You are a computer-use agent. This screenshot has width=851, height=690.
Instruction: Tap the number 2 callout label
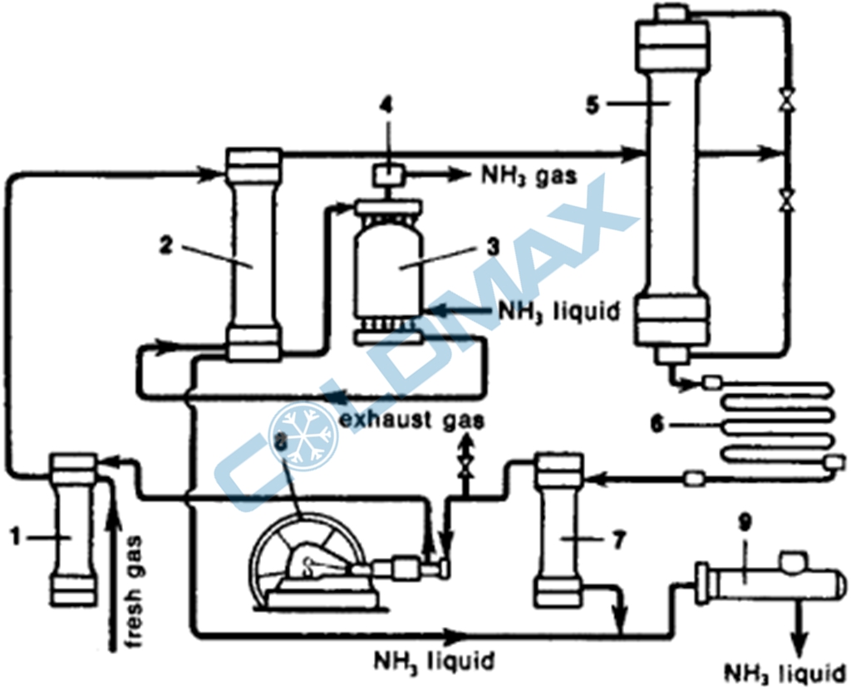(165, 247)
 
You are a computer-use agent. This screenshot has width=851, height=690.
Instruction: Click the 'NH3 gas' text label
(529, 175)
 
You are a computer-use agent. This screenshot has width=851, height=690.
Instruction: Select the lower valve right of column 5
(783, 197)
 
